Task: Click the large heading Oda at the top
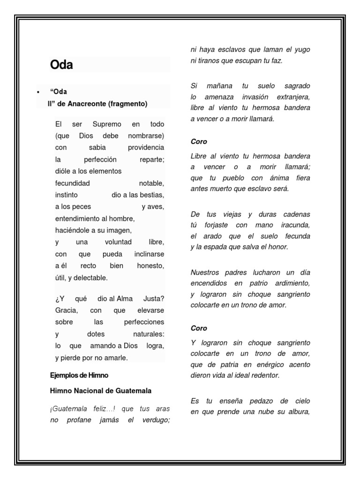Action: tap(61, 65)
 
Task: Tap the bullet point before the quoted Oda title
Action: tap(37, 92)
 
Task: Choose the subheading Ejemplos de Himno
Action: tap(79, 375)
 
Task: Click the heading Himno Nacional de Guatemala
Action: tap(100, 390)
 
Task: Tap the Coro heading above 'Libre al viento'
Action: tap(199, 141)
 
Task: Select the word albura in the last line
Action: tap(298, 412)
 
